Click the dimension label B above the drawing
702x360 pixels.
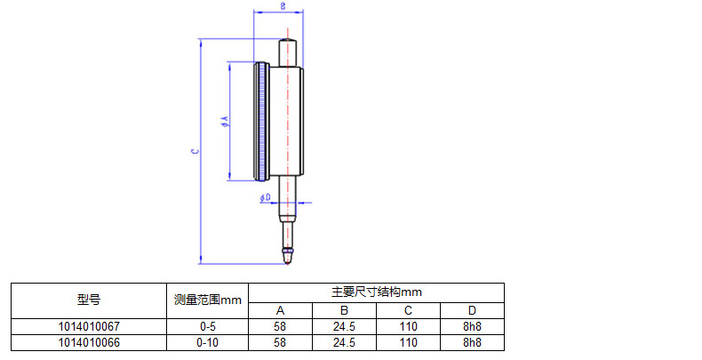[x=283, y=6]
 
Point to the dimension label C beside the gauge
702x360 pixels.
[x=195, y=151]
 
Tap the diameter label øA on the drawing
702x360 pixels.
[x=225, y=122]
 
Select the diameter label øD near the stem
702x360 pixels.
[x=266, y=197]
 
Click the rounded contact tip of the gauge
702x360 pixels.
[x=288, y=257]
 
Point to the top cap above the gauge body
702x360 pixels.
[x=288, y=52]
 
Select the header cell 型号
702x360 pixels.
[x=89, y=300]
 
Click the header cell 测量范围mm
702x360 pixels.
[x=207, y=300]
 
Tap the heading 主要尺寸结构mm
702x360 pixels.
[x=376, y=292]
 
